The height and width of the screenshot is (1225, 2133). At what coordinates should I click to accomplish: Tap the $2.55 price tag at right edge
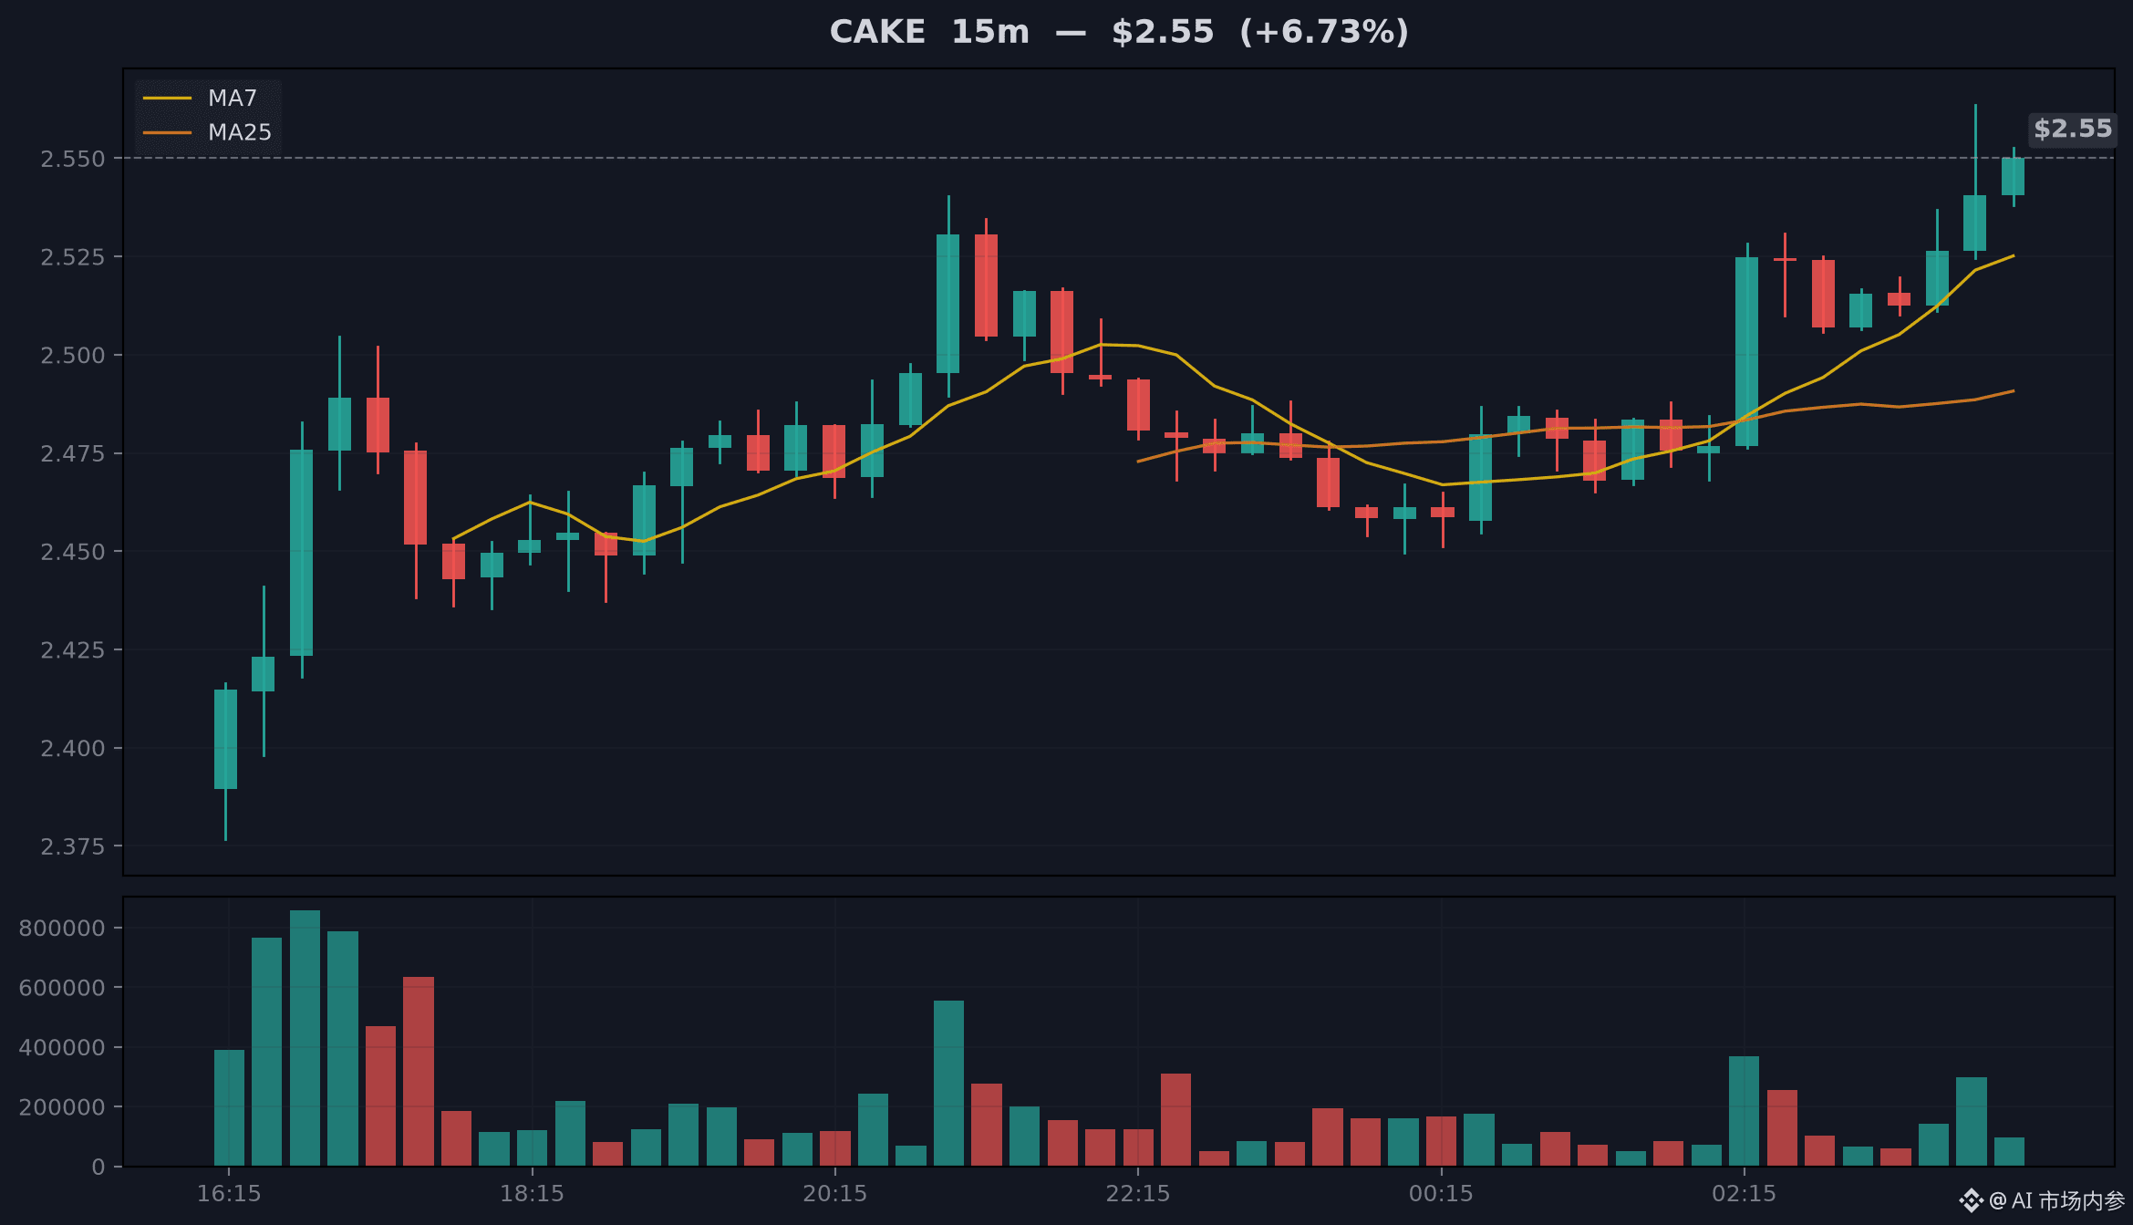[x=2073, y=129]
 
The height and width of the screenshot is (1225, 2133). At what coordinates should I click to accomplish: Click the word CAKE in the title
[x=877, y=32]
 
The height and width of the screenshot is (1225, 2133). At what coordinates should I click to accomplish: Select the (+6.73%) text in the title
[x=1324, y=32]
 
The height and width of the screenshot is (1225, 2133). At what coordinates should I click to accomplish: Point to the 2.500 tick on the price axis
[x=73, y=355]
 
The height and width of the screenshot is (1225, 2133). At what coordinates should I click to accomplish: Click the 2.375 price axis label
[x=73, y=846]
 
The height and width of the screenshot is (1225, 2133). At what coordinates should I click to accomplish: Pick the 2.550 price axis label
[x=73, y=159]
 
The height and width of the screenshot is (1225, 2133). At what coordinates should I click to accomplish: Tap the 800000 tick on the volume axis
[x=62, y=928]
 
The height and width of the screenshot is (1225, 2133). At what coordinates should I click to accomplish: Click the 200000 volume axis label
[x=62, y=1106]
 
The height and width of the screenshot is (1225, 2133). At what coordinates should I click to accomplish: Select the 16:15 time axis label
[x=229, y=1193]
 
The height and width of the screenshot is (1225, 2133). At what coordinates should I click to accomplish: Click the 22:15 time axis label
[x=1138, y=1193]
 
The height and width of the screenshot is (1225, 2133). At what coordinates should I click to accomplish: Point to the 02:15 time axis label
[x=1745, y=1193]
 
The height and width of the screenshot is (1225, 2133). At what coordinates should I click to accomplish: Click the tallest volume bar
[x=305, y=1038]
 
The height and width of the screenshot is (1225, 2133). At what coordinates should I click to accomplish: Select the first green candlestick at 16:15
[x=225, y=739]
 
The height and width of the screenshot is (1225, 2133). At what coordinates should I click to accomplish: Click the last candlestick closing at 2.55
[x=2013, y=176]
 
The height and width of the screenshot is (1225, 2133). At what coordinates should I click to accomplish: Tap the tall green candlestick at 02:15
[x=1746, y=351]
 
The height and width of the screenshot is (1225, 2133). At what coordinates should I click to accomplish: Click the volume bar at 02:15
[x=1744, y=1111]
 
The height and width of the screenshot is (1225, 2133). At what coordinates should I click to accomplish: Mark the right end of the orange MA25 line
[x=2014, y=390]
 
